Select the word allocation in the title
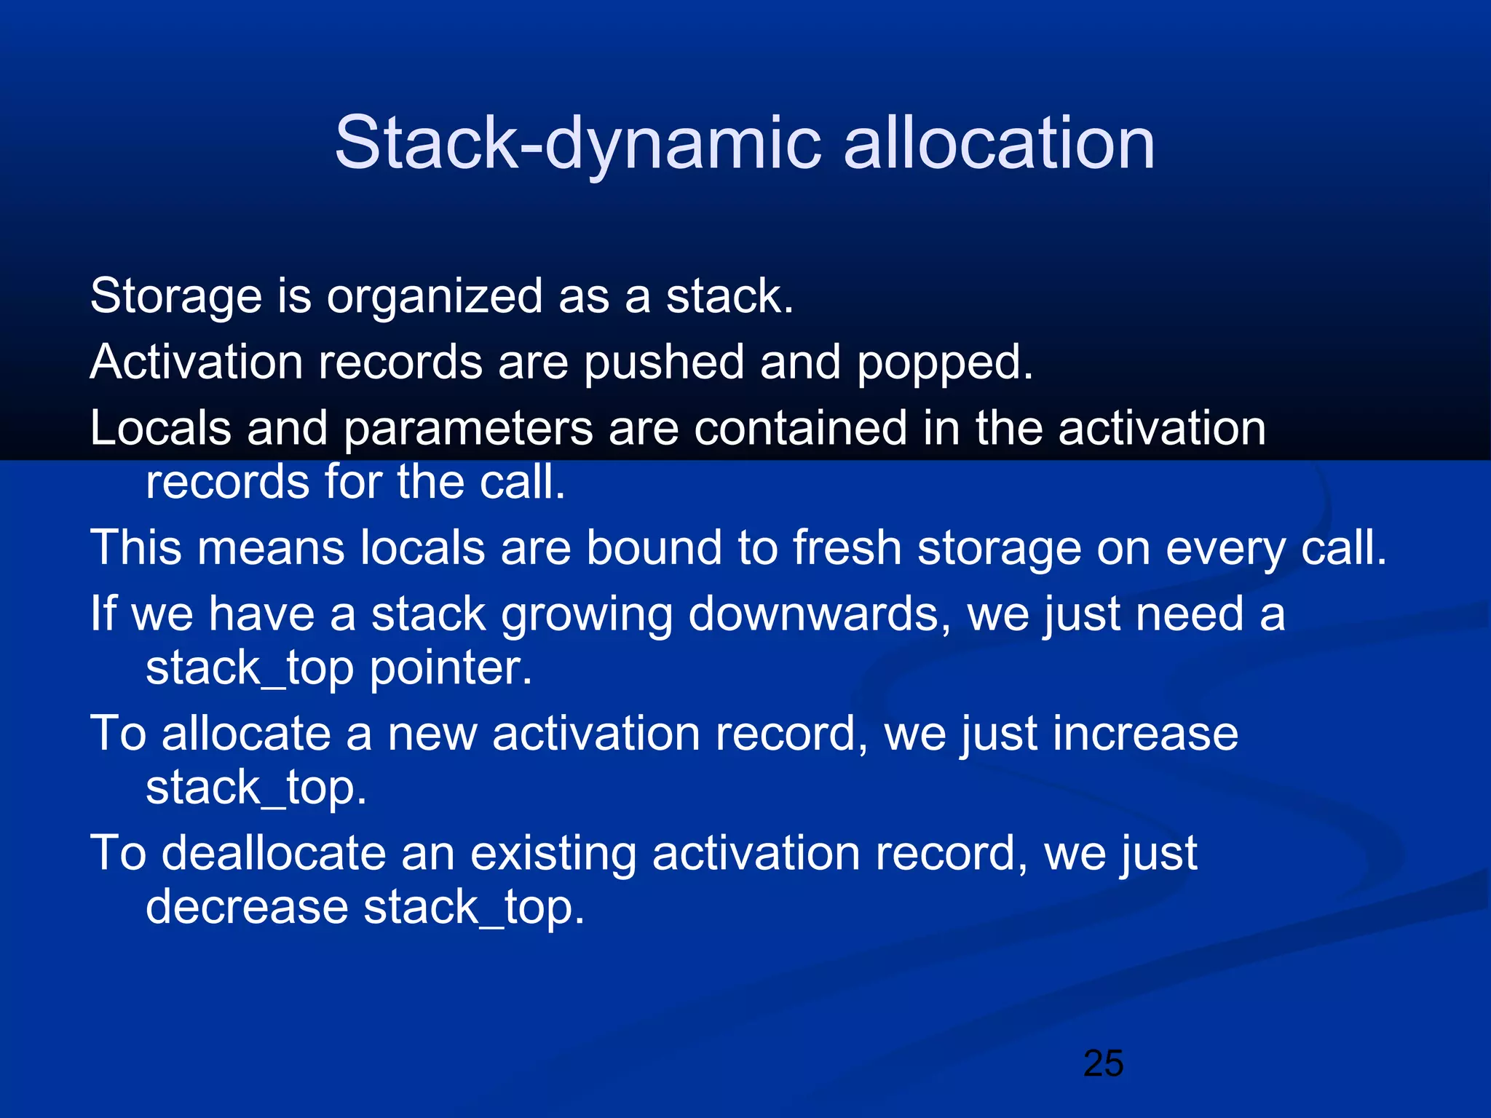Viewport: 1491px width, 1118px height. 999,143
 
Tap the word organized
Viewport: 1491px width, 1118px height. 434,297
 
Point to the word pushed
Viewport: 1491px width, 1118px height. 664,362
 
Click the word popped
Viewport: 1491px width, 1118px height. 944,363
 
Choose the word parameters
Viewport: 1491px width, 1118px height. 468,429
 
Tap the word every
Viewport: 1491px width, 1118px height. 1225,549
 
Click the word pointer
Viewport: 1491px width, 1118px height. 451,668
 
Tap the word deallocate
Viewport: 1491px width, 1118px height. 273,853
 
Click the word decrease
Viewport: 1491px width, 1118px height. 247,908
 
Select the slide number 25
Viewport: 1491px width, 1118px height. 1103,1063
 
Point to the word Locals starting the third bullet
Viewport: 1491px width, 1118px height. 160,428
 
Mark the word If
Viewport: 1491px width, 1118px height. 102,613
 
